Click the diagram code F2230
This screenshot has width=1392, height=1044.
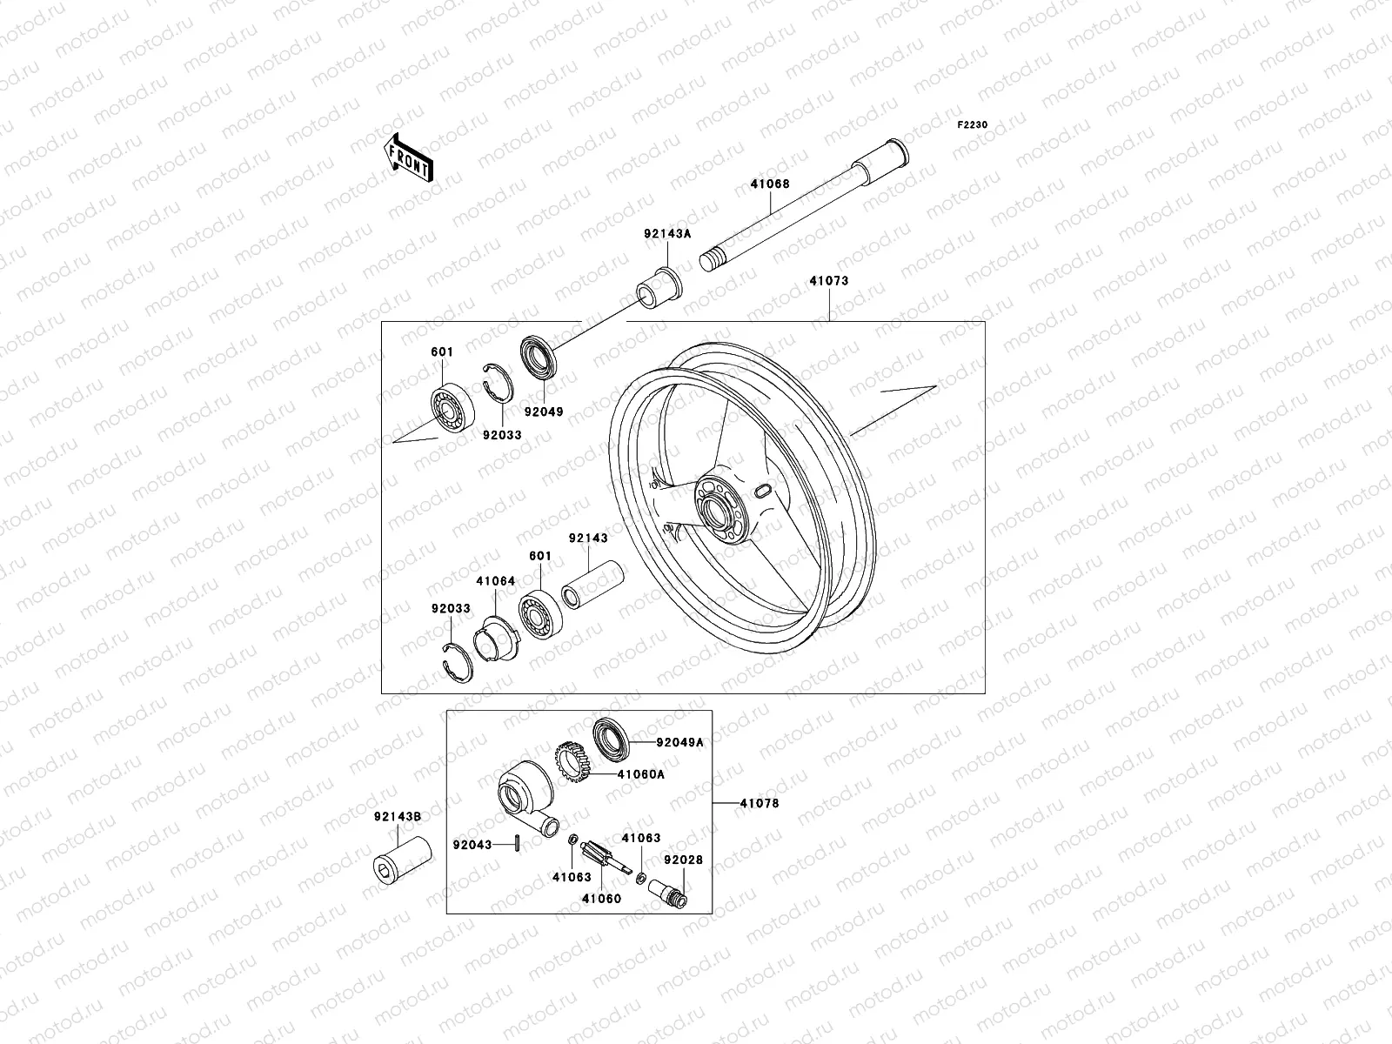click(973, 125)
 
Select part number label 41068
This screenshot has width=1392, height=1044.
click(769, 184)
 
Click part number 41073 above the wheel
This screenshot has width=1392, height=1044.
click(828, 281)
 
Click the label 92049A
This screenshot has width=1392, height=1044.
click(679, 742)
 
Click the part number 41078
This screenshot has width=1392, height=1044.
click(759, 803)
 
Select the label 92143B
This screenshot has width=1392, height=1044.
click(398, 816)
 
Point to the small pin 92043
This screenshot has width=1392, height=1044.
click(518, 843)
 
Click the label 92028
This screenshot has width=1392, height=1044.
click(683, 859)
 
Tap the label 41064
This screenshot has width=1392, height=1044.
click(495, 580)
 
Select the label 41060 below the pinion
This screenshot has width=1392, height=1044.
click(601, 898)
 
